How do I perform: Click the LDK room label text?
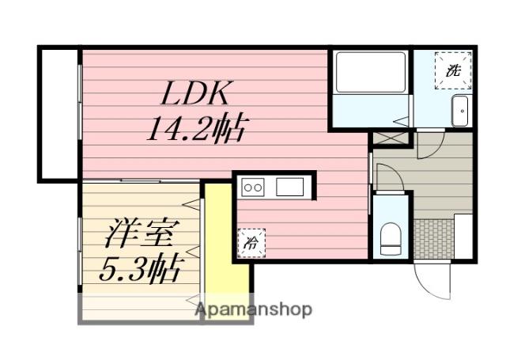point(195,95)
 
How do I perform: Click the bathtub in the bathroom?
point(370,74)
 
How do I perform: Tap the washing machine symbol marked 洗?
point(452,69)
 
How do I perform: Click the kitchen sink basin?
point(289,188)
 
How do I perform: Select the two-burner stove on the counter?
point(253,188)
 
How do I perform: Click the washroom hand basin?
point(459,112)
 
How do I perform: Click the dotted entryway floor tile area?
point(432,237)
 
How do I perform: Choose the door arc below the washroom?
point(431,145)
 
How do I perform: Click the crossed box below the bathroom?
point(391,138)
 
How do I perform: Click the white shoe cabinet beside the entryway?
point(463,236)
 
